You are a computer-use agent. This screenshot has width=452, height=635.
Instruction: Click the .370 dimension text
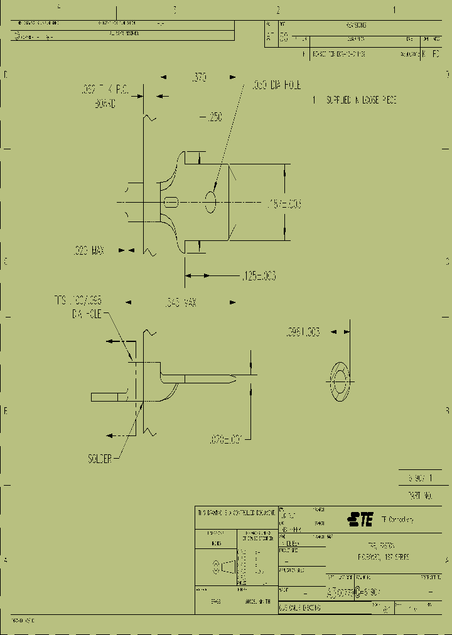click(199, 78)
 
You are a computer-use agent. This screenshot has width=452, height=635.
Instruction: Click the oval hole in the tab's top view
click(210, 202)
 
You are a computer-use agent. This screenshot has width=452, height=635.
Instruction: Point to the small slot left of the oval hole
click(171, 202)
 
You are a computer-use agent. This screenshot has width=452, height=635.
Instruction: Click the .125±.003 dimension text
click(258, 275)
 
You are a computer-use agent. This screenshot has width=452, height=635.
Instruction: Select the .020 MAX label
click(87, 250)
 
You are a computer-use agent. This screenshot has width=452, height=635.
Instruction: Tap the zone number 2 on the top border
click(277, 10)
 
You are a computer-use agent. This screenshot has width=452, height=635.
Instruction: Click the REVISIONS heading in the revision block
click(355, 25)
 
